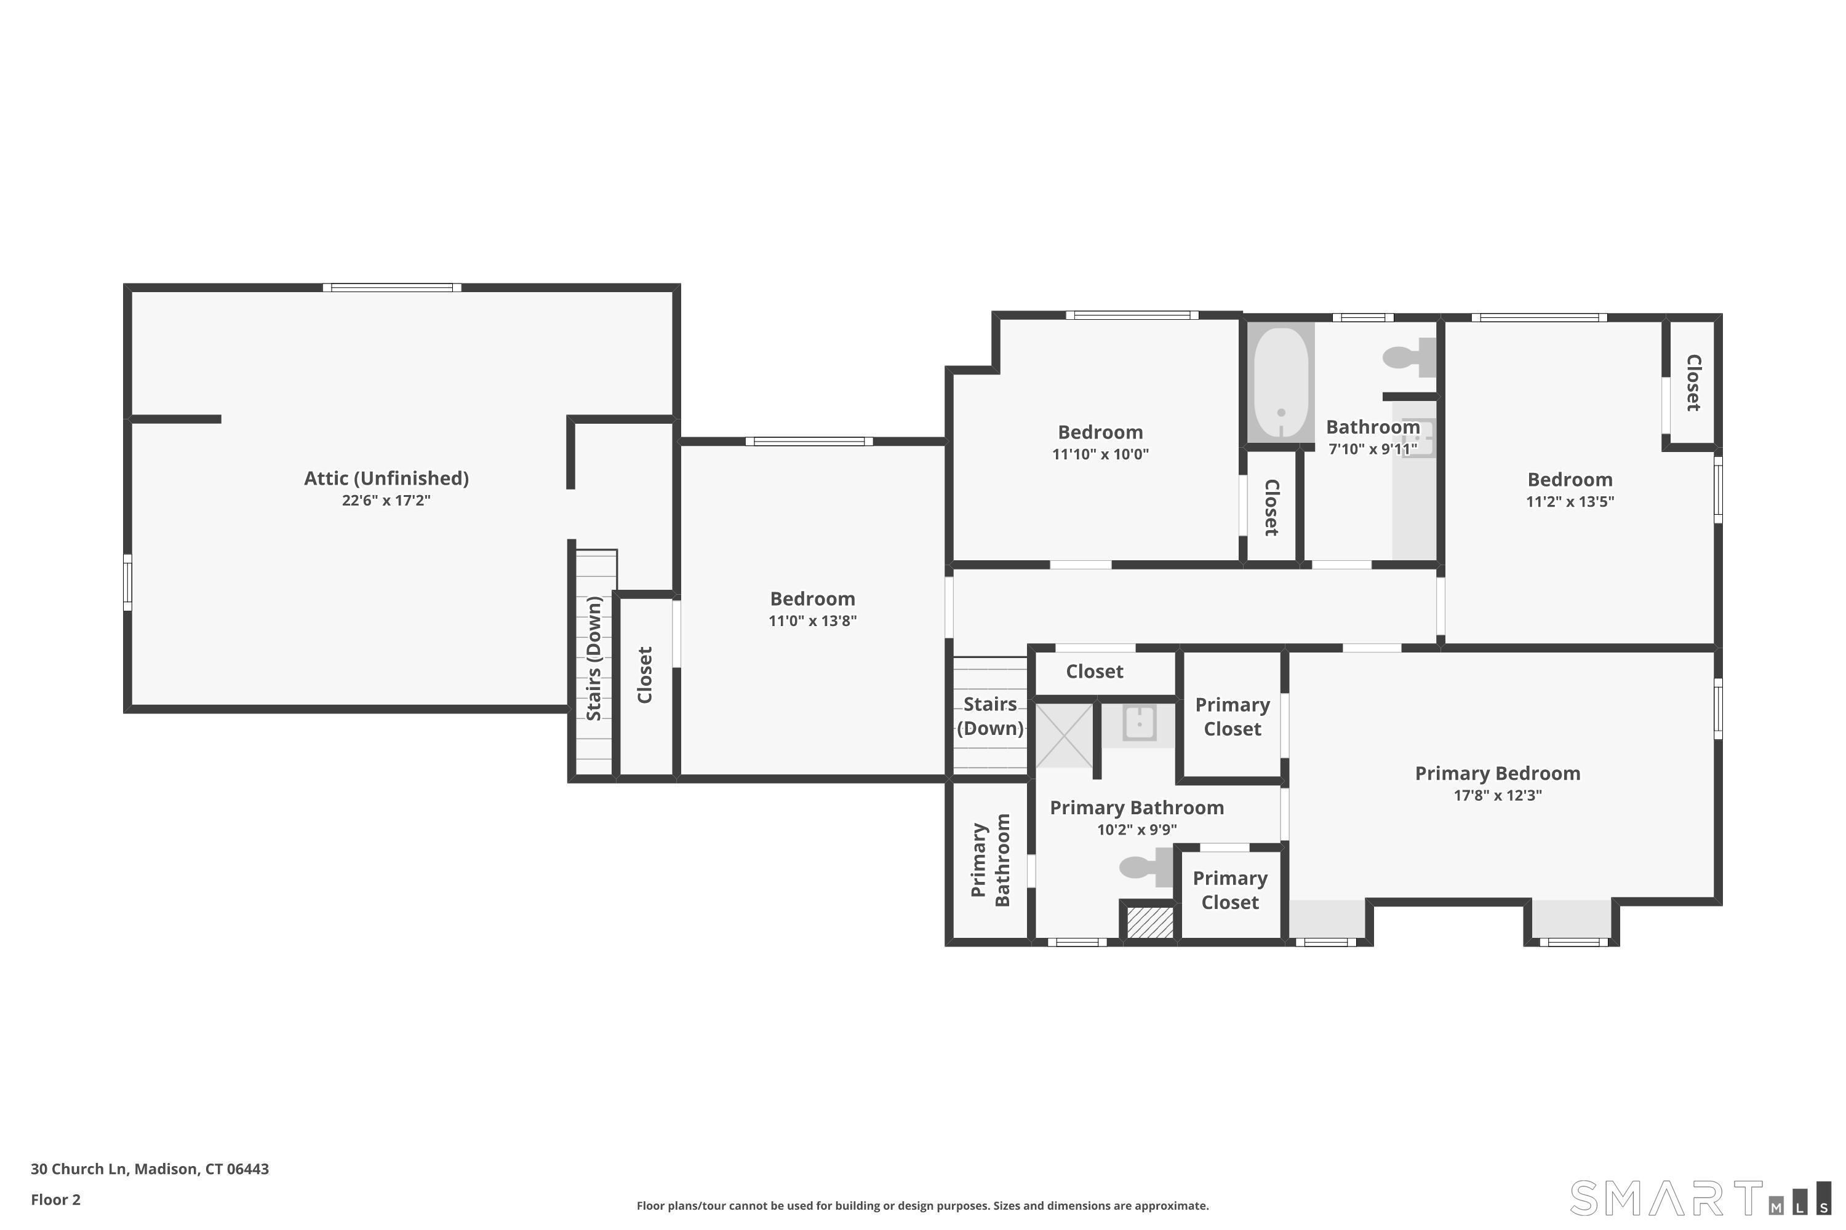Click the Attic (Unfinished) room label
point(386,478)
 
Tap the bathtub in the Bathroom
point(1281,382)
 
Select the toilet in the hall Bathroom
point(1410,358)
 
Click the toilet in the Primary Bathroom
point(1146,867)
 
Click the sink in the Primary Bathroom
point(1139,724)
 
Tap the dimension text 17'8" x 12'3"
point(1498,795)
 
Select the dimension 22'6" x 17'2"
point(386,501)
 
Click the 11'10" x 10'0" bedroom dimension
point(1100,454)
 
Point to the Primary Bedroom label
point(1498,774)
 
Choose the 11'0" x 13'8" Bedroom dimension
point(812,621)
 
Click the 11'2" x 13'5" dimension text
point(1570,502)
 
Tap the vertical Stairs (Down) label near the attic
point(594,659)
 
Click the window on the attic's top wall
point(391,288)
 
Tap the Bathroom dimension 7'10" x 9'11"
point(1373,450)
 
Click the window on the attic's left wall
point(128,582)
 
